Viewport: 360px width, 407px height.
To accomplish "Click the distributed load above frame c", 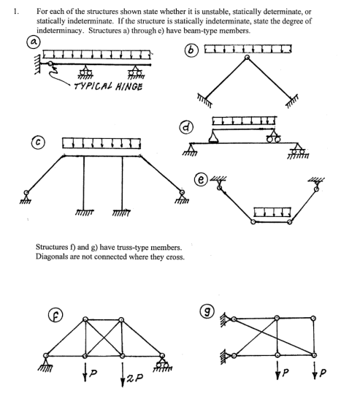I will coord(102,140).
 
